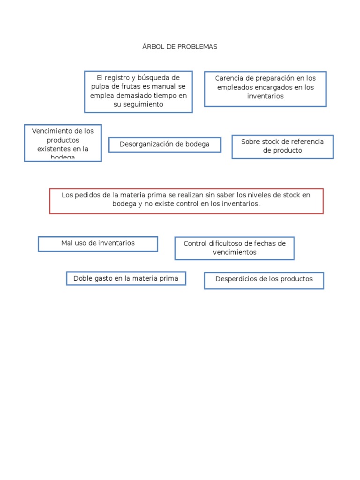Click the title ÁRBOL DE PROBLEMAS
[180, 47]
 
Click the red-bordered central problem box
[186, 201]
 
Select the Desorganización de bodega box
[165, 145]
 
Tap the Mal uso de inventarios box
[97, 244]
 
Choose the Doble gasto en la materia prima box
[126, 278]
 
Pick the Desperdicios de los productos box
[264, 280]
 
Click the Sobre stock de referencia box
[282, 146]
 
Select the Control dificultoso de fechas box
[234, 248]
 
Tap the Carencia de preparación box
[265, 89]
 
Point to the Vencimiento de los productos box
[63, 142]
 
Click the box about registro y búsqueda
[138, 91]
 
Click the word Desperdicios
[235, 279]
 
